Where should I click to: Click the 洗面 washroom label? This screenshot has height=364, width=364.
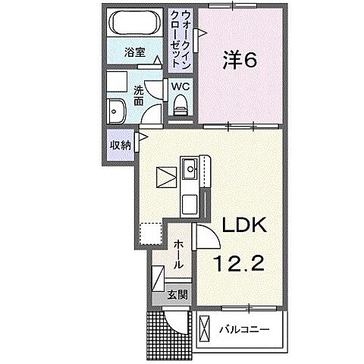point(139,96)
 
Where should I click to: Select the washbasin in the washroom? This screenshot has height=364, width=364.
point(118,111)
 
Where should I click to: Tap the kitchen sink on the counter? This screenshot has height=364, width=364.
point(189,168)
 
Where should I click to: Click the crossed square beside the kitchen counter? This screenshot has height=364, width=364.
point(165,177)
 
